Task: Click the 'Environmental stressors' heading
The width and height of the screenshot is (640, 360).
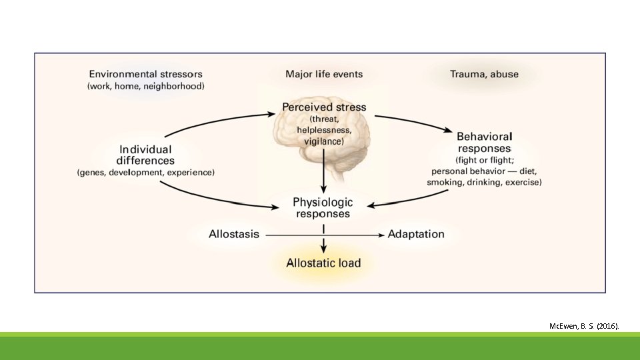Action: point(146,74)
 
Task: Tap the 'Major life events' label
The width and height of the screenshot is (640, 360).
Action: point(324,74)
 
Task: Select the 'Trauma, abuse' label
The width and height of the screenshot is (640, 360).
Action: point(483,74)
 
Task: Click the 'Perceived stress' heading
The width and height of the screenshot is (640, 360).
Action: point(324,107)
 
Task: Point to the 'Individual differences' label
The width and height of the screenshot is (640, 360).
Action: point(145,155)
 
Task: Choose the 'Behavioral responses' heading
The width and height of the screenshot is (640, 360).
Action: point(484,141)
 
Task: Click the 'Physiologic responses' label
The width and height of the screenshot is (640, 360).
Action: point(323,207)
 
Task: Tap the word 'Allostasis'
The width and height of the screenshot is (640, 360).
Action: point(234,234)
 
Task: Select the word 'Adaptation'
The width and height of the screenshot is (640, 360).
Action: point(416,234)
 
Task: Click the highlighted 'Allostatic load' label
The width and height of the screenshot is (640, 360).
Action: point(323,263)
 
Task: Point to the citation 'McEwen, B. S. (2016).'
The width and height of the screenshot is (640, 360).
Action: point(584,326)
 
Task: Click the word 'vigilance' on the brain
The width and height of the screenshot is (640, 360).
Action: point(324,141)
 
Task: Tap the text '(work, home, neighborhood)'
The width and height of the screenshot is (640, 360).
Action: point(146,86)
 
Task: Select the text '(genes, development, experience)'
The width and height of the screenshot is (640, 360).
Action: point(146,173)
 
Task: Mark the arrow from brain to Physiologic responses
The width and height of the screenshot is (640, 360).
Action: point(324,170)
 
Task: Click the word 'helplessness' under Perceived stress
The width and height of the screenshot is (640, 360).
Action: point(324,130)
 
